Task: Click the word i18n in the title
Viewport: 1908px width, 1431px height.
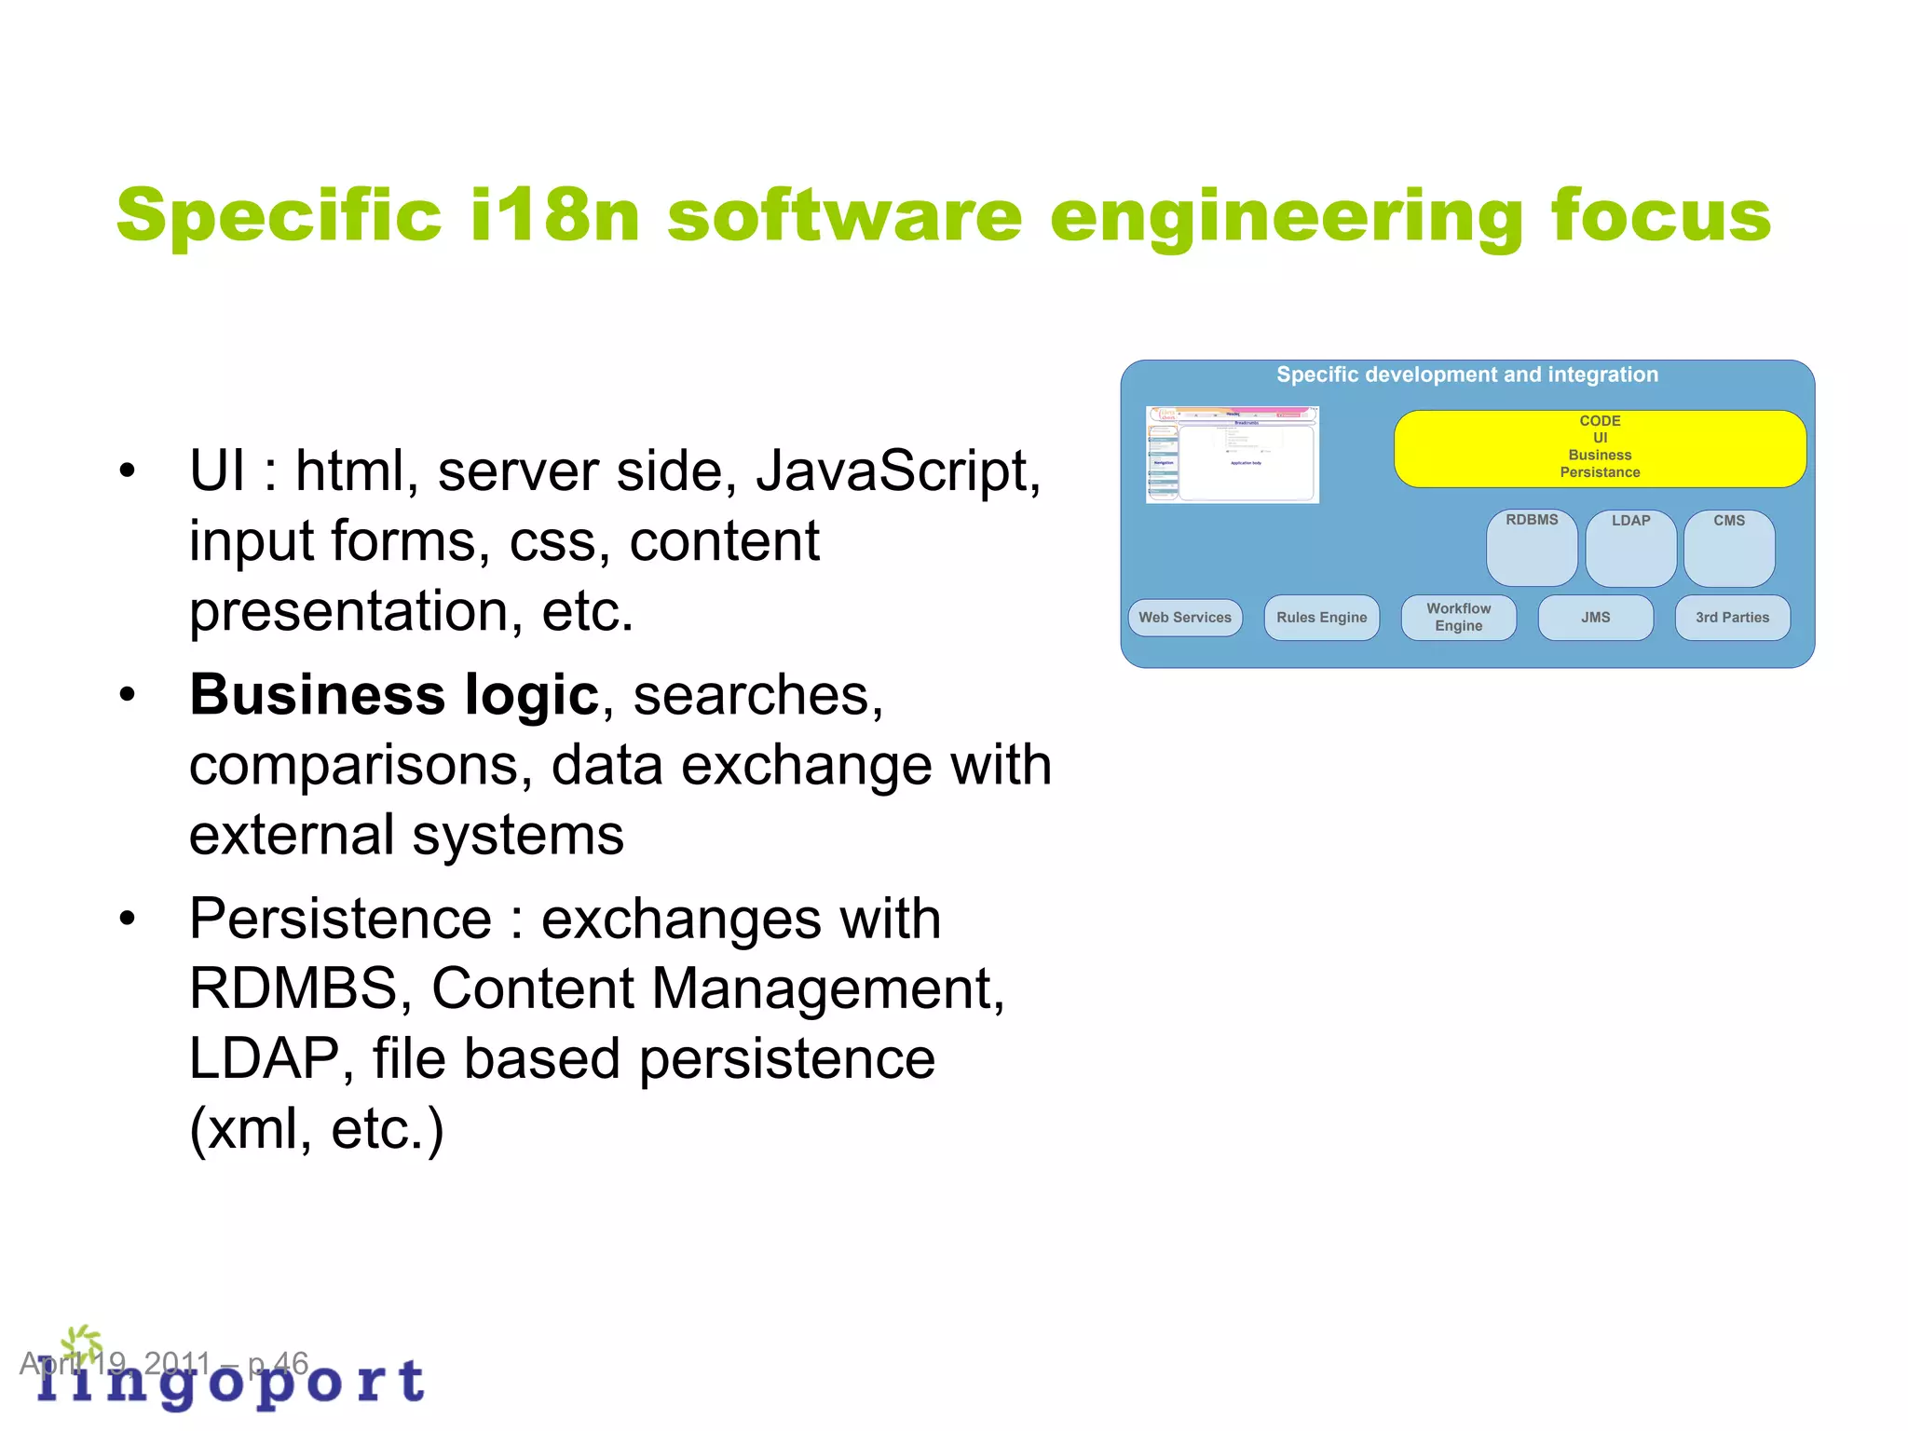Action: pos(555,215)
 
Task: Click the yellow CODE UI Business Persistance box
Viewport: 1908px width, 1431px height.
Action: pos(1600,448)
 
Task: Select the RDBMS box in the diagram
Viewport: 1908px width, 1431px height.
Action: pos(1532,547)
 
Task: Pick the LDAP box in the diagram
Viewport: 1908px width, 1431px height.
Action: pos(1630,548)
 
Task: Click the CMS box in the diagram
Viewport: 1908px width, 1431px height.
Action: pos(1729,548)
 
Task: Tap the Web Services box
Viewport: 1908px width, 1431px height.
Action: pos(1185,618)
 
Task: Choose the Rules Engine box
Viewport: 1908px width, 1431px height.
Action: pos(1321,618)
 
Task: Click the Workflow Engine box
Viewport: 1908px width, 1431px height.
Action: pos(1458,618)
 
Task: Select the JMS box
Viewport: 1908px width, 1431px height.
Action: pos(1595,618)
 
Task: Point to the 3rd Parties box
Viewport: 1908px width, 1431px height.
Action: pos(1732,618)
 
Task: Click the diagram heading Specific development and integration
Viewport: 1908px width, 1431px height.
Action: pos(1467,375)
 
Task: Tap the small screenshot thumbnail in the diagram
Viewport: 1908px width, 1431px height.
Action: pos(1232,455)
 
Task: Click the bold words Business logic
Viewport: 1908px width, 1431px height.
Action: pos(394,695)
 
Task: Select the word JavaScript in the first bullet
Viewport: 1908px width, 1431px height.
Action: pos(897,471)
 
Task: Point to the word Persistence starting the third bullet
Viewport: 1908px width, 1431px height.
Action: pos(340,920)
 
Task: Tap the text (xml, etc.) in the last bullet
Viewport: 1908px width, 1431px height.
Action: pos(317,1129)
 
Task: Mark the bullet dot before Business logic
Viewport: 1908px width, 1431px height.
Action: pos(128,695)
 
